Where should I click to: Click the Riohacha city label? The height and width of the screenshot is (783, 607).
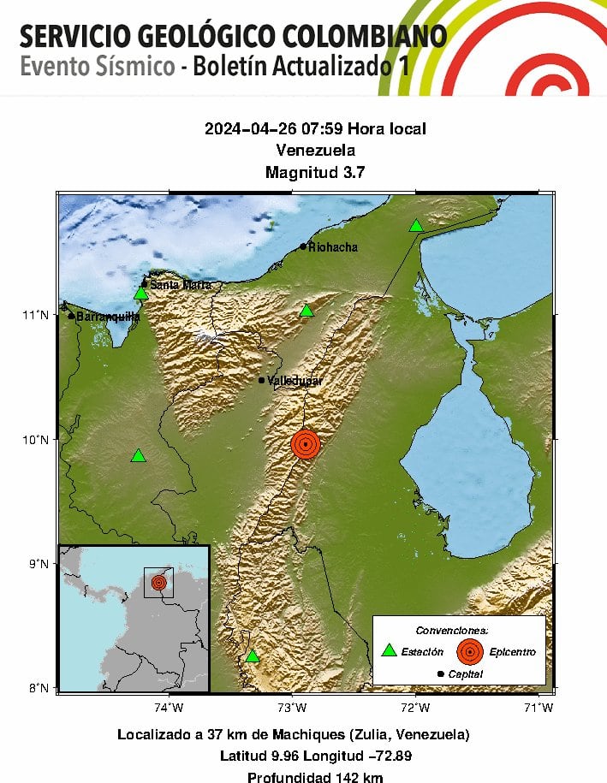333,247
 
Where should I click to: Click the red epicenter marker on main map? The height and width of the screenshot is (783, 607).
306,444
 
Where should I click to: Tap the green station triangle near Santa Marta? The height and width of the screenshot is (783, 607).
141,294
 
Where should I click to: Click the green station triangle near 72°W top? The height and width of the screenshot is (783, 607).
416,226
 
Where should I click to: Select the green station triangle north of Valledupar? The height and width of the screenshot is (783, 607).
307,310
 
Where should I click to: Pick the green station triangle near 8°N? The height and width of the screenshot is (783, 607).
253,656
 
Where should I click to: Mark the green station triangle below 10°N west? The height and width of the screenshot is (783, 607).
139,455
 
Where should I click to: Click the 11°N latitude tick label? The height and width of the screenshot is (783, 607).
35,315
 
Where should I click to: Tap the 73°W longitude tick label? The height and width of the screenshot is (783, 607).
293,707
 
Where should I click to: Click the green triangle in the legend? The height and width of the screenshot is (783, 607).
390,650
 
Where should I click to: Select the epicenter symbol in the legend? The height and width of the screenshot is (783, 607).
468,651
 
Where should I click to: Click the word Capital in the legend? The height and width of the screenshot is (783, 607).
465,674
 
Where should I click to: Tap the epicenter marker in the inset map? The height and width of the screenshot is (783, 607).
158,582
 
